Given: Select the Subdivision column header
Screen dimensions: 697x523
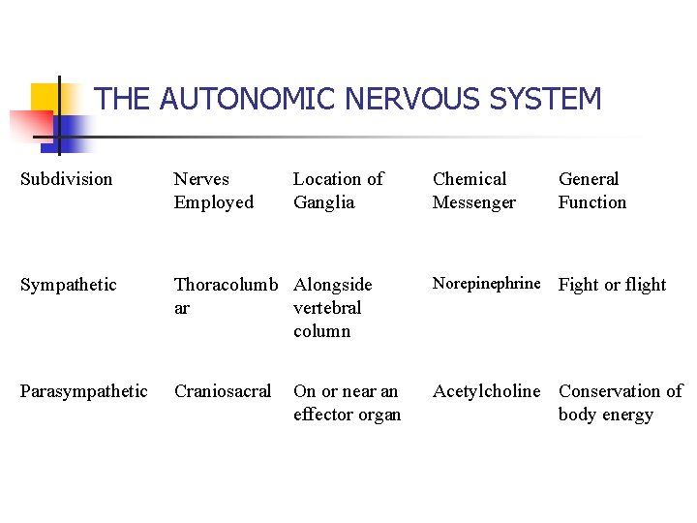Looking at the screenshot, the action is [67, 179].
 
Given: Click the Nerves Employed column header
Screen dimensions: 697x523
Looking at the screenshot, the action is [213, 191].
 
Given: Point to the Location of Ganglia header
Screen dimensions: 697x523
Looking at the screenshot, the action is [338, 191].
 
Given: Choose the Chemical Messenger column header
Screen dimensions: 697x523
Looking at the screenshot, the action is [473, 191].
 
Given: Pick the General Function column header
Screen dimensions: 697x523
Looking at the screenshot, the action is [591, 191].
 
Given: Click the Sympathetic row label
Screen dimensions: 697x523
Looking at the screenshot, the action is [69, 285].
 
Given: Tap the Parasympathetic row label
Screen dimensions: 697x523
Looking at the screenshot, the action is [84, 391].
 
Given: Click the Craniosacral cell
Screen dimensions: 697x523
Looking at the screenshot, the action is [223, 391].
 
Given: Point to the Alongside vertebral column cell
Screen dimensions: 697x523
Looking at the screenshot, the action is [332, 307].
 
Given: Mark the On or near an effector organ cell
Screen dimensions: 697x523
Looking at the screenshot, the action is [347, 403].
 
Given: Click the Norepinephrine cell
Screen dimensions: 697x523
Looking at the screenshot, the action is [486, 284].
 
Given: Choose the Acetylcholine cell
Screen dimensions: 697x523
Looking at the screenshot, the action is [486, 391].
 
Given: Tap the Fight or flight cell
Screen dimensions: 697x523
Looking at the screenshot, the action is [612, 285].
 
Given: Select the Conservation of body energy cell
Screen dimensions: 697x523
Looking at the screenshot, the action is [620, 403].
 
